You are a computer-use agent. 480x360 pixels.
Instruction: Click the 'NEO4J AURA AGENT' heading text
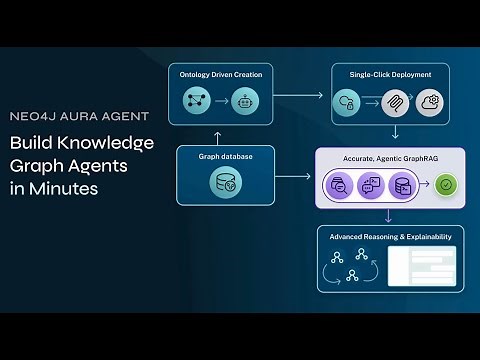pyautogui.click(x=79, y=115)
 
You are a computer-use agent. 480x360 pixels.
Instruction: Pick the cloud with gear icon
pyautogui.click(x=430, y=100)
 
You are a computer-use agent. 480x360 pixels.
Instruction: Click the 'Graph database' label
pyautogui.click(x=225, y=157)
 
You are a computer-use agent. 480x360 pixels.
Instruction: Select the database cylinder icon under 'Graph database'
pyautogui.click(x=225, y=183)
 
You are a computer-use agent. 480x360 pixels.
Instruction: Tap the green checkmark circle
pyautogui.click(x=443, y=184)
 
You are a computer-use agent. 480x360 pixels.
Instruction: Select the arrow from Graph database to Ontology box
pyautogui.click(x=225, y=136)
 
